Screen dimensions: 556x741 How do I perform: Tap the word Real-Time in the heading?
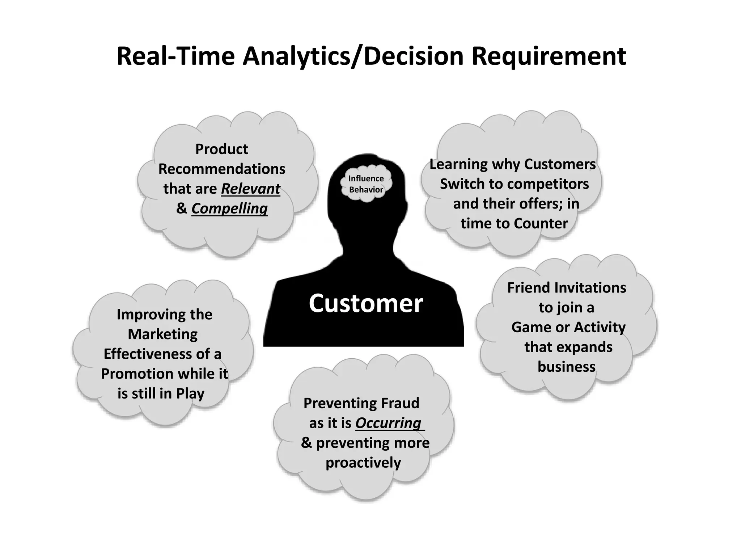tap(175, 56)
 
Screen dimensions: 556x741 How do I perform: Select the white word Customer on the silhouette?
tap(365, 303)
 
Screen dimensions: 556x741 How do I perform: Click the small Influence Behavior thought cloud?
tap(366, 184)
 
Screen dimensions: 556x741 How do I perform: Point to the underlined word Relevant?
tap(250, 189)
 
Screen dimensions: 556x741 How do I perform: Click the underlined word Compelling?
tap(229, 208)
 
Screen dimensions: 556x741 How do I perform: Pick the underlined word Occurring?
tap(388, 423)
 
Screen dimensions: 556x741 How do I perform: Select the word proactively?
tap(363, 463)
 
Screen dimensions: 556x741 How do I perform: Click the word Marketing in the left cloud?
tap(163, 334)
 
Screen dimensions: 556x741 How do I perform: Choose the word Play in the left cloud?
tap(190, 393)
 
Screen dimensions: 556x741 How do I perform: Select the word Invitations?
tap(590, 288)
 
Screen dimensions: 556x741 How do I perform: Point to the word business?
tap(566, 367)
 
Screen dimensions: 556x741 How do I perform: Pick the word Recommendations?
tap(222, 169)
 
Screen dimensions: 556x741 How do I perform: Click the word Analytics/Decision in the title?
tap(353, 56)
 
